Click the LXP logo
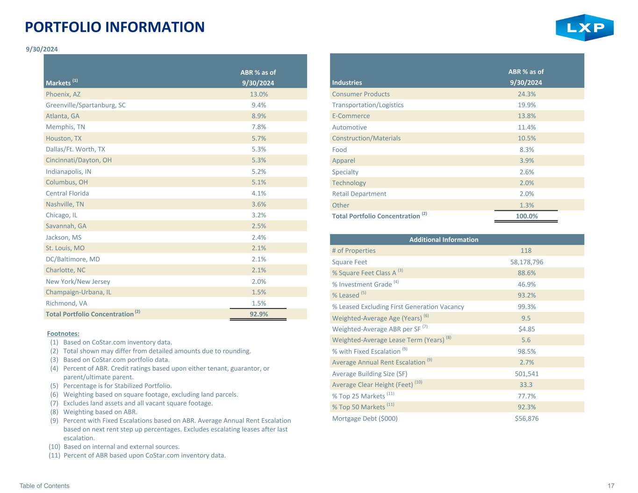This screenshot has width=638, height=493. (x=584, y=28)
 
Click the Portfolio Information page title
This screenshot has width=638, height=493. (x=115, y=27)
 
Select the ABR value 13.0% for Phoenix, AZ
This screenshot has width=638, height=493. (x=258, y=94)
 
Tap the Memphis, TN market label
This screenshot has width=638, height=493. (x=65, y=127)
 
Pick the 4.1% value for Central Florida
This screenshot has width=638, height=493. (x=258, y=193)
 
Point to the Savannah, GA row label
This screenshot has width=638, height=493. (x=66, y=226)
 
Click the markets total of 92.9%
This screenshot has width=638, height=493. (x=258, y=314)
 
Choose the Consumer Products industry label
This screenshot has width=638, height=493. (x=361, y=94)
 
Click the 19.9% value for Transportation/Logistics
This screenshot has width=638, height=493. (x=526, y=105)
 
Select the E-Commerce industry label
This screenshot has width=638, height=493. (x=351, y=116)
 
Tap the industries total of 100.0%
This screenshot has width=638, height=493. (x=526, y=216)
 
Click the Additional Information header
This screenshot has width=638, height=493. (x=444, y=239)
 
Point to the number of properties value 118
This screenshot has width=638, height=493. (x=526, y=250)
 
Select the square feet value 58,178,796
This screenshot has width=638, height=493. (x=526, y=262)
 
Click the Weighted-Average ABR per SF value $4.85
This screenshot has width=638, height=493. (x=526, y=329)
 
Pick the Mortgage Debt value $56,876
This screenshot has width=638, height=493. (x=526, y=418)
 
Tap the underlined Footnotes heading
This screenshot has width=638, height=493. (x=63, y=334)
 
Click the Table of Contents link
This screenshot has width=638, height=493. (x=44, y=486)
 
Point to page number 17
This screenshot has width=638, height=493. (x=611, y=486)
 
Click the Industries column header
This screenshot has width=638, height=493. (x=347, y=82)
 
